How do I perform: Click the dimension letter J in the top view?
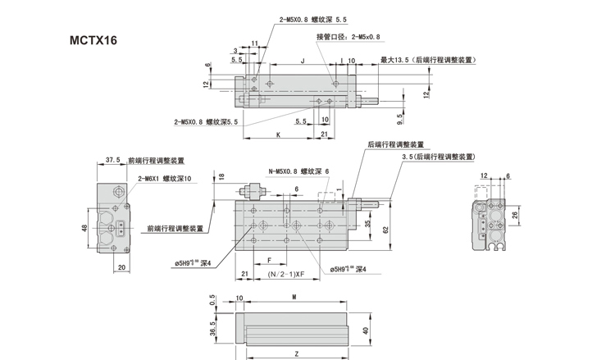(x=303, y=61)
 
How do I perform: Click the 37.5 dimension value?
(x=113, y=161)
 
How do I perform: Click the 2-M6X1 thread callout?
(x=164, y=178)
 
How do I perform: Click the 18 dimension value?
(x=221, y=175)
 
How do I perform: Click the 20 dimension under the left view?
(x=121, y=267)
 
